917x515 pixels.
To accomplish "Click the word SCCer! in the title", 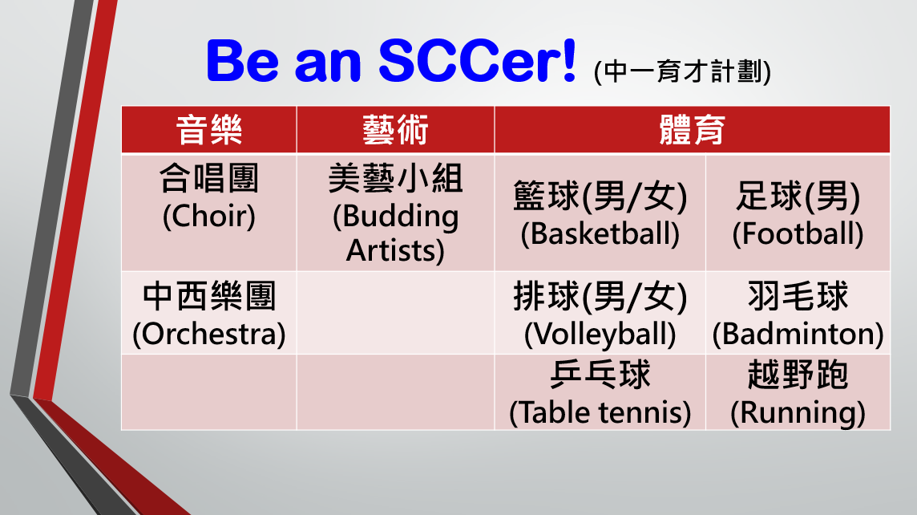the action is click(x=478, y=60).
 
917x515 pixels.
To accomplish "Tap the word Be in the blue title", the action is click(x=243, y=61).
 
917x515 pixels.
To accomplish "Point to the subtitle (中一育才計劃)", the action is click(x=682, y=71).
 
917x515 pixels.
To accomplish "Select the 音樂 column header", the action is click(x=208, y=130).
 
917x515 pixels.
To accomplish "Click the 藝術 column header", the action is click(x=395, y=130).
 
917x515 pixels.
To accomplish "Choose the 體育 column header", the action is click(x=693, y=130).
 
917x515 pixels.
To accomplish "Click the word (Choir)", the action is click(x=208, y=216).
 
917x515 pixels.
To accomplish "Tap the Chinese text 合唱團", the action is click(x=208, y=178).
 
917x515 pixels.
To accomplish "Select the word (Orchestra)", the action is click(x=208, y=335).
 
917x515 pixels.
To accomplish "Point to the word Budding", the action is click(x=400, y=217).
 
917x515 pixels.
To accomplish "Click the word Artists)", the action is click(x=395, y=250).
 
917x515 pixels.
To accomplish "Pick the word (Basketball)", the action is click(x=600, y=234).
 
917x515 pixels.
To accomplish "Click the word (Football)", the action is click(x=798, y=234).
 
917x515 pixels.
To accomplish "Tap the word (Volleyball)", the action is click(x=600, y=335).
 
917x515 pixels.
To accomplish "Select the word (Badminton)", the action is click(x=798, y=335).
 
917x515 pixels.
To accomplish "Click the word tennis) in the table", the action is click(x=645, y=412).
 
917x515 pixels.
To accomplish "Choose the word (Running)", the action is click(x=798, y=413).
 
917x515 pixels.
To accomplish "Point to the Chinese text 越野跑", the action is click(x=798, y=375).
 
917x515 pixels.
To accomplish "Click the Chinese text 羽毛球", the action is click(x=798, y=295).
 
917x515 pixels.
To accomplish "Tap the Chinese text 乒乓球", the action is click(x=600, y=375).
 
